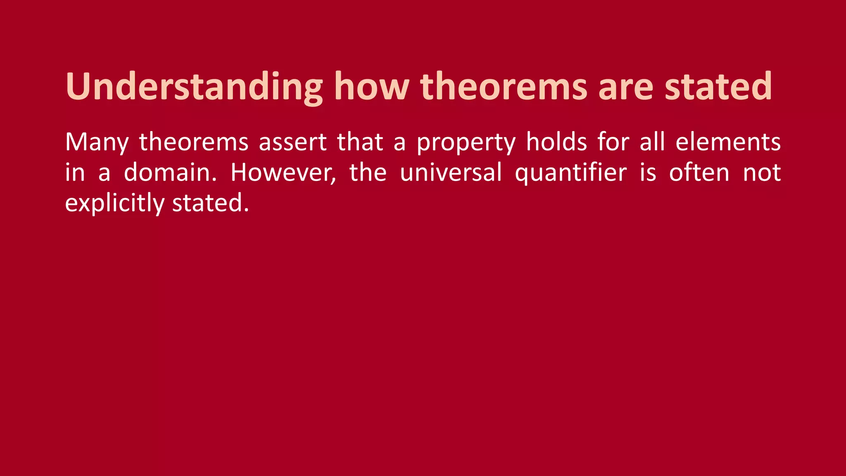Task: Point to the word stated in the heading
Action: click(718, 87)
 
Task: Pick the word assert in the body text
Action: click(293, 142)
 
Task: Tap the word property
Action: click(466, 143)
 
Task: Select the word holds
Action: click(556, 142)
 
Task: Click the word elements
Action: click(728, 142)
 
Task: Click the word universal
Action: click(451, 172)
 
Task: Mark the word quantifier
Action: click(571, 173)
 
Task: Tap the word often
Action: click(699, 172)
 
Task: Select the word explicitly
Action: click(114, 203)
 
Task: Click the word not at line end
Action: click(762, 173)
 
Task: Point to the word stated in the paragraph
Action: click(210, 203)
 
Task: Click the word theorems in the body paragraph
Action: click(194, 142)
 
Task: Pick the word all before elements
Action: click(652, 142)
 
